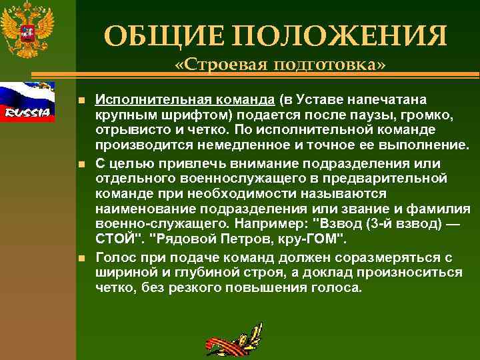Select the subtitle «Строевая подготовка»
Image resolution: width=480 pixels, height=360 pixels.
click(x=279, y=66)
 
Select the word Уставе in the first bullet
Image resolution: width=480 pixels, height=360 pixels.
click(x=320, y=100)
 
